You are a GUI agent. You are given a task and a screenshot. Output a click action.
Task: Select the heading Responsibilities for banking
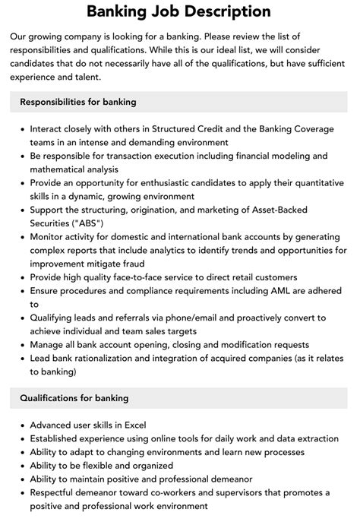(x=78, y=101)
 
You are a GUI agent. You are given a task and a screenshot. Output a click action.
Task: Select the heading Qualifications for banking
(x=74, y=397)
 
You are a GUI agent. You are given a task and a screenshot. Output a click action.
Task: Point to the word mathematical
(x=62, y=169)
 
